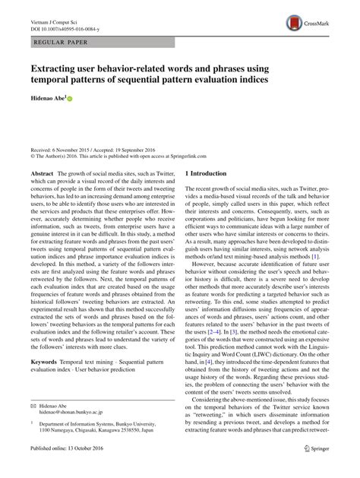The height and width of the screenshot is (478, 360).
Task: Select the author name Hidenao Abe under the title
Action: [47, 98]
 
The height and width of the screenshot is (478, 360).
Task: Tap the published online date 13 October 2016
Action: [89, 470]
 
